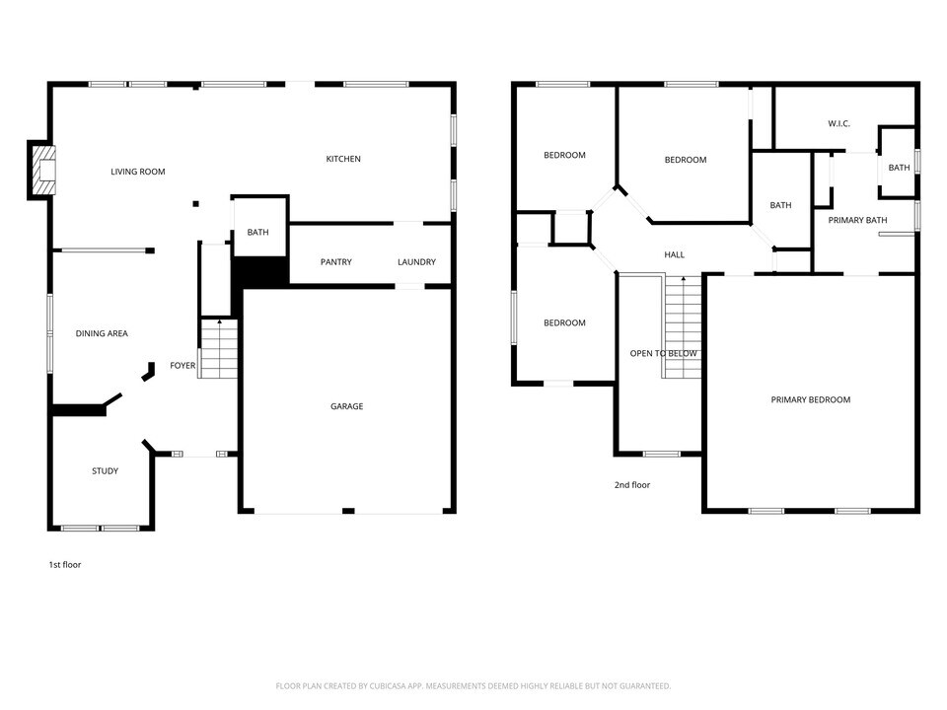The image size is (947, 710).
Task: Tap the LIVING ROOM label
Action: [x=138, y=172]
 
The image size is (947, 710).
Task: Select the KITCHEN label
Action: [x=343, y=159]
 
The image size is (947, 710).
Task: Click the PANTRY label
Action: [x=336, y=262]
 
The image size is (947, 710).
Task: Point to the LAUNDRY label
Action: [x=416, y=262]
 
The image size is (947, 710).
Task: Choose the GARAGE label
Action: [x=346, y=406]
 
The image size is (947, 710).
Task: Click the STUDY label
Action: [x=106, y=471]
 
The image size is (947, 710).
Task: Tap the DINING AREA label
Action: [x=102, y=334]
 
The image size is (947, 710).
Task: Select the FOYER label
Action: [x=182, y=366]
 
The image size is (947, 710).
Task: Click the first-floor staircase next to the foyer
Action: [x=219, y=349]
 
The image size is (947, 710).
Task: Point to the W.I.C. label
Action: [x=838, y=123]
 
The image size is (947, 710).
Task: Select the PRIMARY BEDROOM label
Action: [x=810, y=399]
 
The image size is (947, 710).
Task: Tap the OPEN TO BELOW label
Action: [x=663, y=354]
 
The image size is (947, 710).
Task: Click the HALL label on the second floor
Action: [x=674, y=254]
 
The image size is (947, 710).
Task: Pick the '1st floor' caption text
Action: [x=65, y=565]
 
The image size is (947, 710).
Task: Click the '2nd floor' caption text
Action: [x=632, y=485]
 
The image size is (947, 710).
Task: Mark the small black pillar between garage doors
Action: [x=347, y=511]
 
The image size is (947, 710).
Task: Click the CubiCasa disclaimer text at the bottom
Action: [x=473, y=685]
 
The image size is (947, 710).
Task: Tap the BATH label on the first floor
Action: [x=257, y=233]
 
